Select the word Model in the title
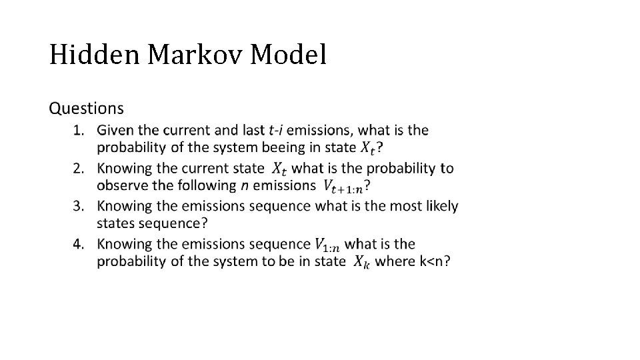[289, 55]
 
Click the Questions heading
[87, 108]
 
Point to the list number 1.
[79, 129]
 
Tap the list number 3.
[79, 205]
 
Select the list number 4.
[79, 243]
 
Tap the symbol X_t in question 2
[281, 169]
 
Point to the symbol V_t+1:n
[343, 186]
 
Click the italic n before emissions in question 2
[245, 185]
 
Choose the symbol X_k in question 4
[360, 262]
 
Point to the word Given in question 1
[114, 129]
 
